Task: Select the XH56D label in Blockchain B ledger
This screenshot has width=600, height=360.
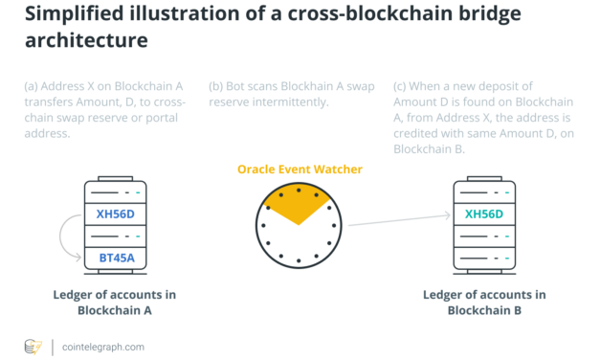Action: point(483,214)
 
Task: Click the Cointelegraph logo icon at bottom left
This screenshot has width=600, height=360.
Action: point(33,346)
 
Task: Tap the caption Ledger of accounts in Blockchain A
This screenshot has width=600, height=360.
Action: point(115,302)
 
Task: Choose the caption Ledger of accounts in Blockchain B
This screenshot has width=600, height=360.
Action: point(484,302)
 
